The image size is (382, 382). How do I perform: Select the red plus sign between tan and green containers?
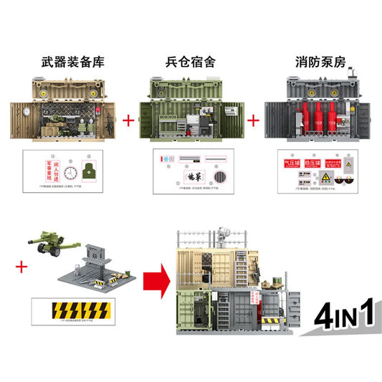coord(129,121)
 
